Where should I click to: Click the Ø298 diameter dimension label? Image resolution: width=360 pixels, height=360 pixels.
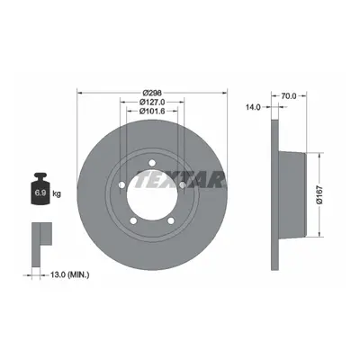[152, 92]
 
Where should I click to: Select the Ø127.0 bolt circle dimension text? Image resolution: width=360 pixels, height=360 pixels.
[152, 102]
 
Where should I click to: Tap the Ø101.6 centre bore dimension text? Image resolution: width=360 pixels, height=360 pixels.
[152, 111]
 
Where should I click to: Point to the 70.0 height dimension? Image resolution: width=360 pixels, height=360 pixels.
[289, 96]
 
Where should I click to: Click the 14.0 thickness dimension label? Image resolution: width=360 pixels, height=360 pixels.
[253, 107]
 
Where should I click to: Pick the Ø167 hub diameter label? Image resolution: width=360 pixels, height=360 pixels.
[319, 195]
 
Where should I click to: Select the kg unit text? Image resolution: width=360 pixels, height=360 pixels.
[57, 193]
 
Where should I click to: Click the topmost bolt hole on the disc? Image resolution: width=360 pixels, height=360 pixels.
[152, 163]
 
